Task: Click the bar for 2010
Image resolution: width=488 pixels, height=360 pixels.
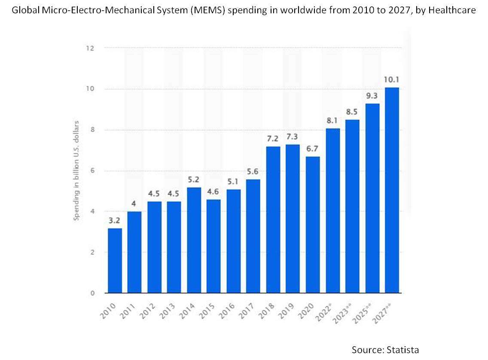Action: [115, 261]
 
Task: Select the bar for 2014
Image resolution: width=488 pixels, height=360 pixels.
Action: [194, 240]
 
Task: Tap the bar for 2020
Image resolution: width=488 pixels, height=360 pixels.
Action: [313, 225]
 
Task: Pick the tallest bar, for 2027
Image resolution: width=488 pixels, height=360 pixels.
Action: [392, 190]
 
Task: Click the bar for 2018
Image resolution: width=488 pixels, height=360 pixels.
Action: [273, 220]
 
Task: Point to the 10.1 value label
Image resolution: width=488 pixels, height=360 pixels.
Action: [392, 80]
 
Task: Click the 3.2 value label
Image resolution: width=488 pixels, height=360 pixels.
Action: [115, 221]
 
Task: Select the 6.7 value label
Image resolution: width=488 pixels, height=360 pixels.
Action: [313, 149]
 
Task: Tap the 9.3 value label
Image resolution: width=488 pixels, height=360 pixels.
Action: [372, 96]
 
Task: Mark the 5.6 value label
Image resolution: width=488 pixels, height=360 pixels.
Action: [253, 172]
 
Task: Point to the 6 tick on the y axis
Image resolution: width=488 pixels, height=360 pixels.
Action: [91, 171]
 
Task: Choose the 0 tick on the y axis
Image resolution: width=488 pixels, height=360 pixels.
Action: [91, 293]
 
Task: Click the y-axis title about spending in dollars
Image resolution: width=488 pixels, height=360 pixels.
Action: [76, 171]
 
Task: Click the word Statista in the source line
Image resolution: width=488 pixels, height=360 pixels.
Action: [402, 350]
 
